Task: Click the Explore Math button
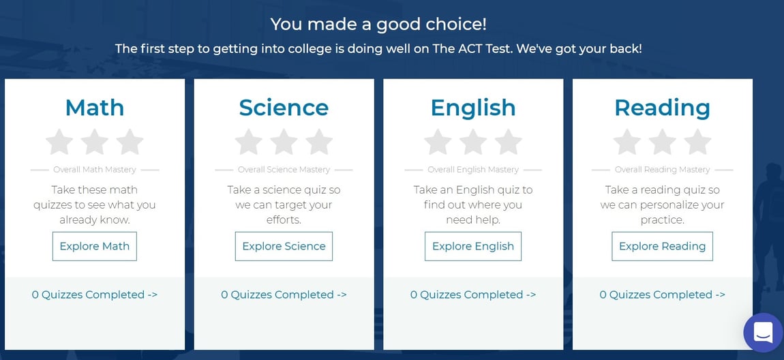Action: click(95, 246)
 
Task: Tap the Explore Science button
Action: click(284, 246)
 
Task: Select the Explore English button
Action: click(473, 246)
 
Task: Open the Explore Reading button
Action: click(662, 246)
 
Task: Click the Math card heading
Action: click(95, 108)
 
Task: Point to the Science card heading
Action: click(284, 108)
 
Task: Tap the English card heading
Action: click(473, 108)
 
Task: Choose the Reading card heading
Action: click(662, 108)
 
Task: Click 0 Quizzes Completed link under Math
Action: click(95, 295)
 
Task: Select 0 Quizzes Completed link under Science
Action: click(284, 295)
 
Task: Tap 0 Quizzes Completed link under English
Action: click(473, 295)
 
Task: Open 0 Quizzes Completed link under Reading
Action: click(662, 295)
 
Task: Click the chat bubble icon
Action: click(763, 333)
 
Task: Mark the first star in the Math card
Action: click(59, 142)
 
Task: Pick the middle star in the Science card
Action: click(284, 142)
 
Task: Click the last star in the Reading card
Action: click(697, 142)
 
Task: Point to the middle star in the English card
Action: click(473, 142)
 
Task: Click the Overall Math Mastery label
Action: click(95, 170)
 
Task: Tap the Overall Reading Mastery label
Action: click(662, 170)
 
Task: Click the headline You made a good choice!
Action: click(378, 25)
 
